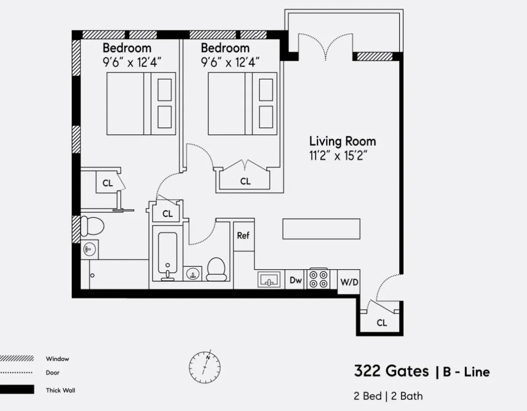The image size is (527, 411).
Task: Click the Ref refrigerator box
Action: (243, 235)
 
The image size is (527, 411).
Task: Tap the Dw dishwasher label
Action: (296, 280)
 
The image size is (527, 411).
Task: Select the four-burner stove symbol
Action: (318, 279)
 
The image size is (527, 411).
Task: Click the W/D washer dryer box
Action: (349, 281)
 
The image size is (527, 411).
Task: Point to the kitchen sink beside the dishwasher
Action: (269, 280)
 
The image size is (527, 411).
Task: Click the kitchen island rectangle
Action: (321, 229)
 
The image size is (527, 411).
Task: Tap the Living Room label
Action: (342, 142)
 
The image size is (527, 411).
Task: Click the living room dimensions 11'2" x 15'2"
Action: (339, 156)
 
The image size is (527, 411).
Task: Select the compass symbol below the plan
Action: (205, 367)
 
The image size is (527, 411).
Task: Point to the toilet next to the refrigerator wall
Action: (217, 269)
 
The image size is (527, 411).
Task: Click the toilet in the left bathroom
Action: (92, 226)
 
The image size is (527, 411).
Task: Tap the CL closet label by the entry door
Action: (381, 323)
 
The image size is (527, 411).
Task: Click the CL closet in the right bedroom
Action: (245, 181)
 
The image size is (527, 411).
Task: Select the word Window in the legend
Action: (57, 359)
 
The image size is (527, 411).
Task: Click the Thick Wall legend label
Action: (60, 390)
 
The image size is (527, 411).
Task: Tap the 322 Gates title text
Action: (391, 371)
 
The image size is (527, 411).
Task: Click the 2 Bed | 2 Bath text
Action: (388, 395)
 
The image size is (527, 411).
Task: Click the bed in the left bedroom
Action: (141, 104)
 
